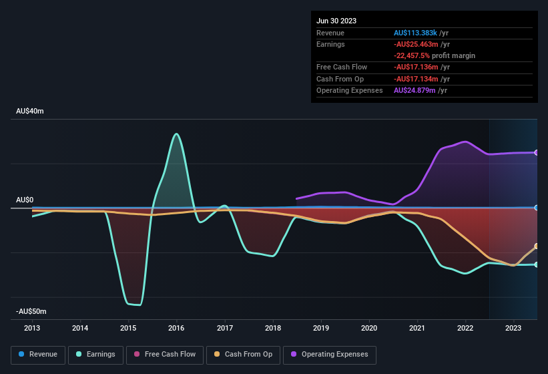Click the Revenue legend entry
(38, 354)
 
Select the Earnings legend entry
(95, 354)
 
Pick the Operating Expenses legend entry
(330, 354)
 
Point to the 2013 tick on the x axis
(32, 328)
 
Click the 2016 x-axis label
(176, 328)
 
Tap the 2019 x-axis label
(321, 328)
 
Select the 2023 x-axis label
(513, 328)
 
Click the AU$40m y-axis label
(30, 112)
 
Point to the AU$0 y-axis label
(25, 200)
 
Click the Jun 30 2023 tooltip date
(336, 21)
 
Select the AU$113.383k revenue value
(416, 32)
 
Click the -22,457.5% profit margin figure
(417, 55)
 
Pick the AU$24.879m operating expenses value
(415, 90)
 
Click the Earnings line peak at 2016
(176, 134)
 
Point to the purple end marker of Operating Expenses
(537, 153)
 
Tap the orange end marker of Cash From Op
(537, 246)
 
